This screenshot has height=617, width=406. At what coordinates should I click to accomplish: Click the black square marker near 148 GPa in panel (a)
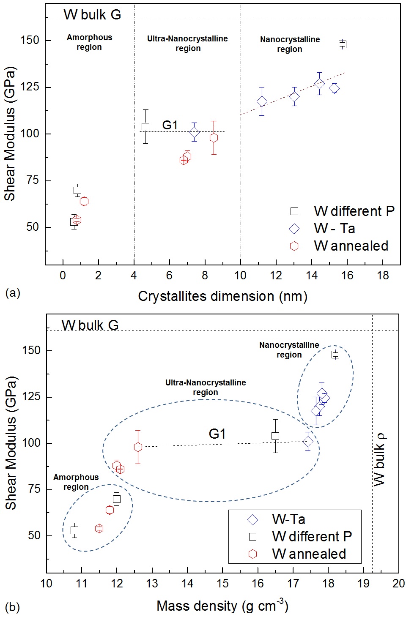click(343, 44)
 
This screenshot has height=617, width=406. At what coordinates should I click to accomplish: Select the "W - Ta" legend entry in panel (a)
click(334, 229)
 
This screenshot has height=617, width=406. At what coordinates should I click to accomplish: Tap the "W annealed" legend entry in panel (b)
click(309, 554)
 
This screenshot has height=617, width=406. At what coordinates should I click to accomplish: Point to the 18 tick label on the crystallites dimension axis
click(383, 276)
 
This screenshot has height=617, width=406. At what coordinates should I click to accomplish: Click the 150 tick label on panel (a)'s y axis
click(30, 41)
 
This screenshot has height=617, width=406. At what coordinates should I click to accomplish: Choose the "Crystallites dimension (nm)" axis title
click(222, 296)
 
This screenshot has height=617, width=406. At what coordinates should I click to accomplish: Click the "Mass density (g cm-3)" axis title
click(222, 606)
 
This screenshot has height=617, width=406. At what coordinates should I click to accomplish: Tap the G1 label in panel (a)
click(170, 125)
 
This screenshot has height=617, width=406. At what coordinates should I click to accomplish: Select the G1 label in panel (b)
click(217, 434)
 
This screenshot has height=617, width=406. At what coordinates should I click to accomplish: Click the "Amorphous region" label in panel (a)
click(89, 42)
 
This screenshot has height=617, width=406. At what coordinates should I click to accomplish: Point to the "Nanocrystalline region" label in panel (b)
click(289, 350)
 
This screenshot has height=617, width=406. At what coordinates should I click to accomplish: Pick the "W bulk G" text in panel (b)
click(90, 325)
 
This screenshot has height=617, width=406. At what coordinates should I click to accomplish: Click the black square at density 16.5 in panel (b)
click(275, 436)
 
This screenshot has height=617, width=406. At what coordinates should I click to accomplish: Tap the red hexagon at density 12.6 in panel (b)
click(138, 447)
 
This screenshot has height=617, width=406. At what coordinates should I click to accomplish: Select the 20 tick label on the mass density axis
click(398, 584)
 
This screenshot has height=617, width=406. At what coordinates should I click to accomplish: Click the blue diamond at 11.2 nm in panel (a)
click(262, 101)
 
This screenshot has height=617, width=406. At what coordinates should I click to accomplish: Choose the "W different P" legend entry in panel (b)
click(312, 537)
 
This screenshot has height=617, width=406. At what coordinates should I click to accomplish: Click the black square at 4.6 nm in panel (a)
click(145, 126)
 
